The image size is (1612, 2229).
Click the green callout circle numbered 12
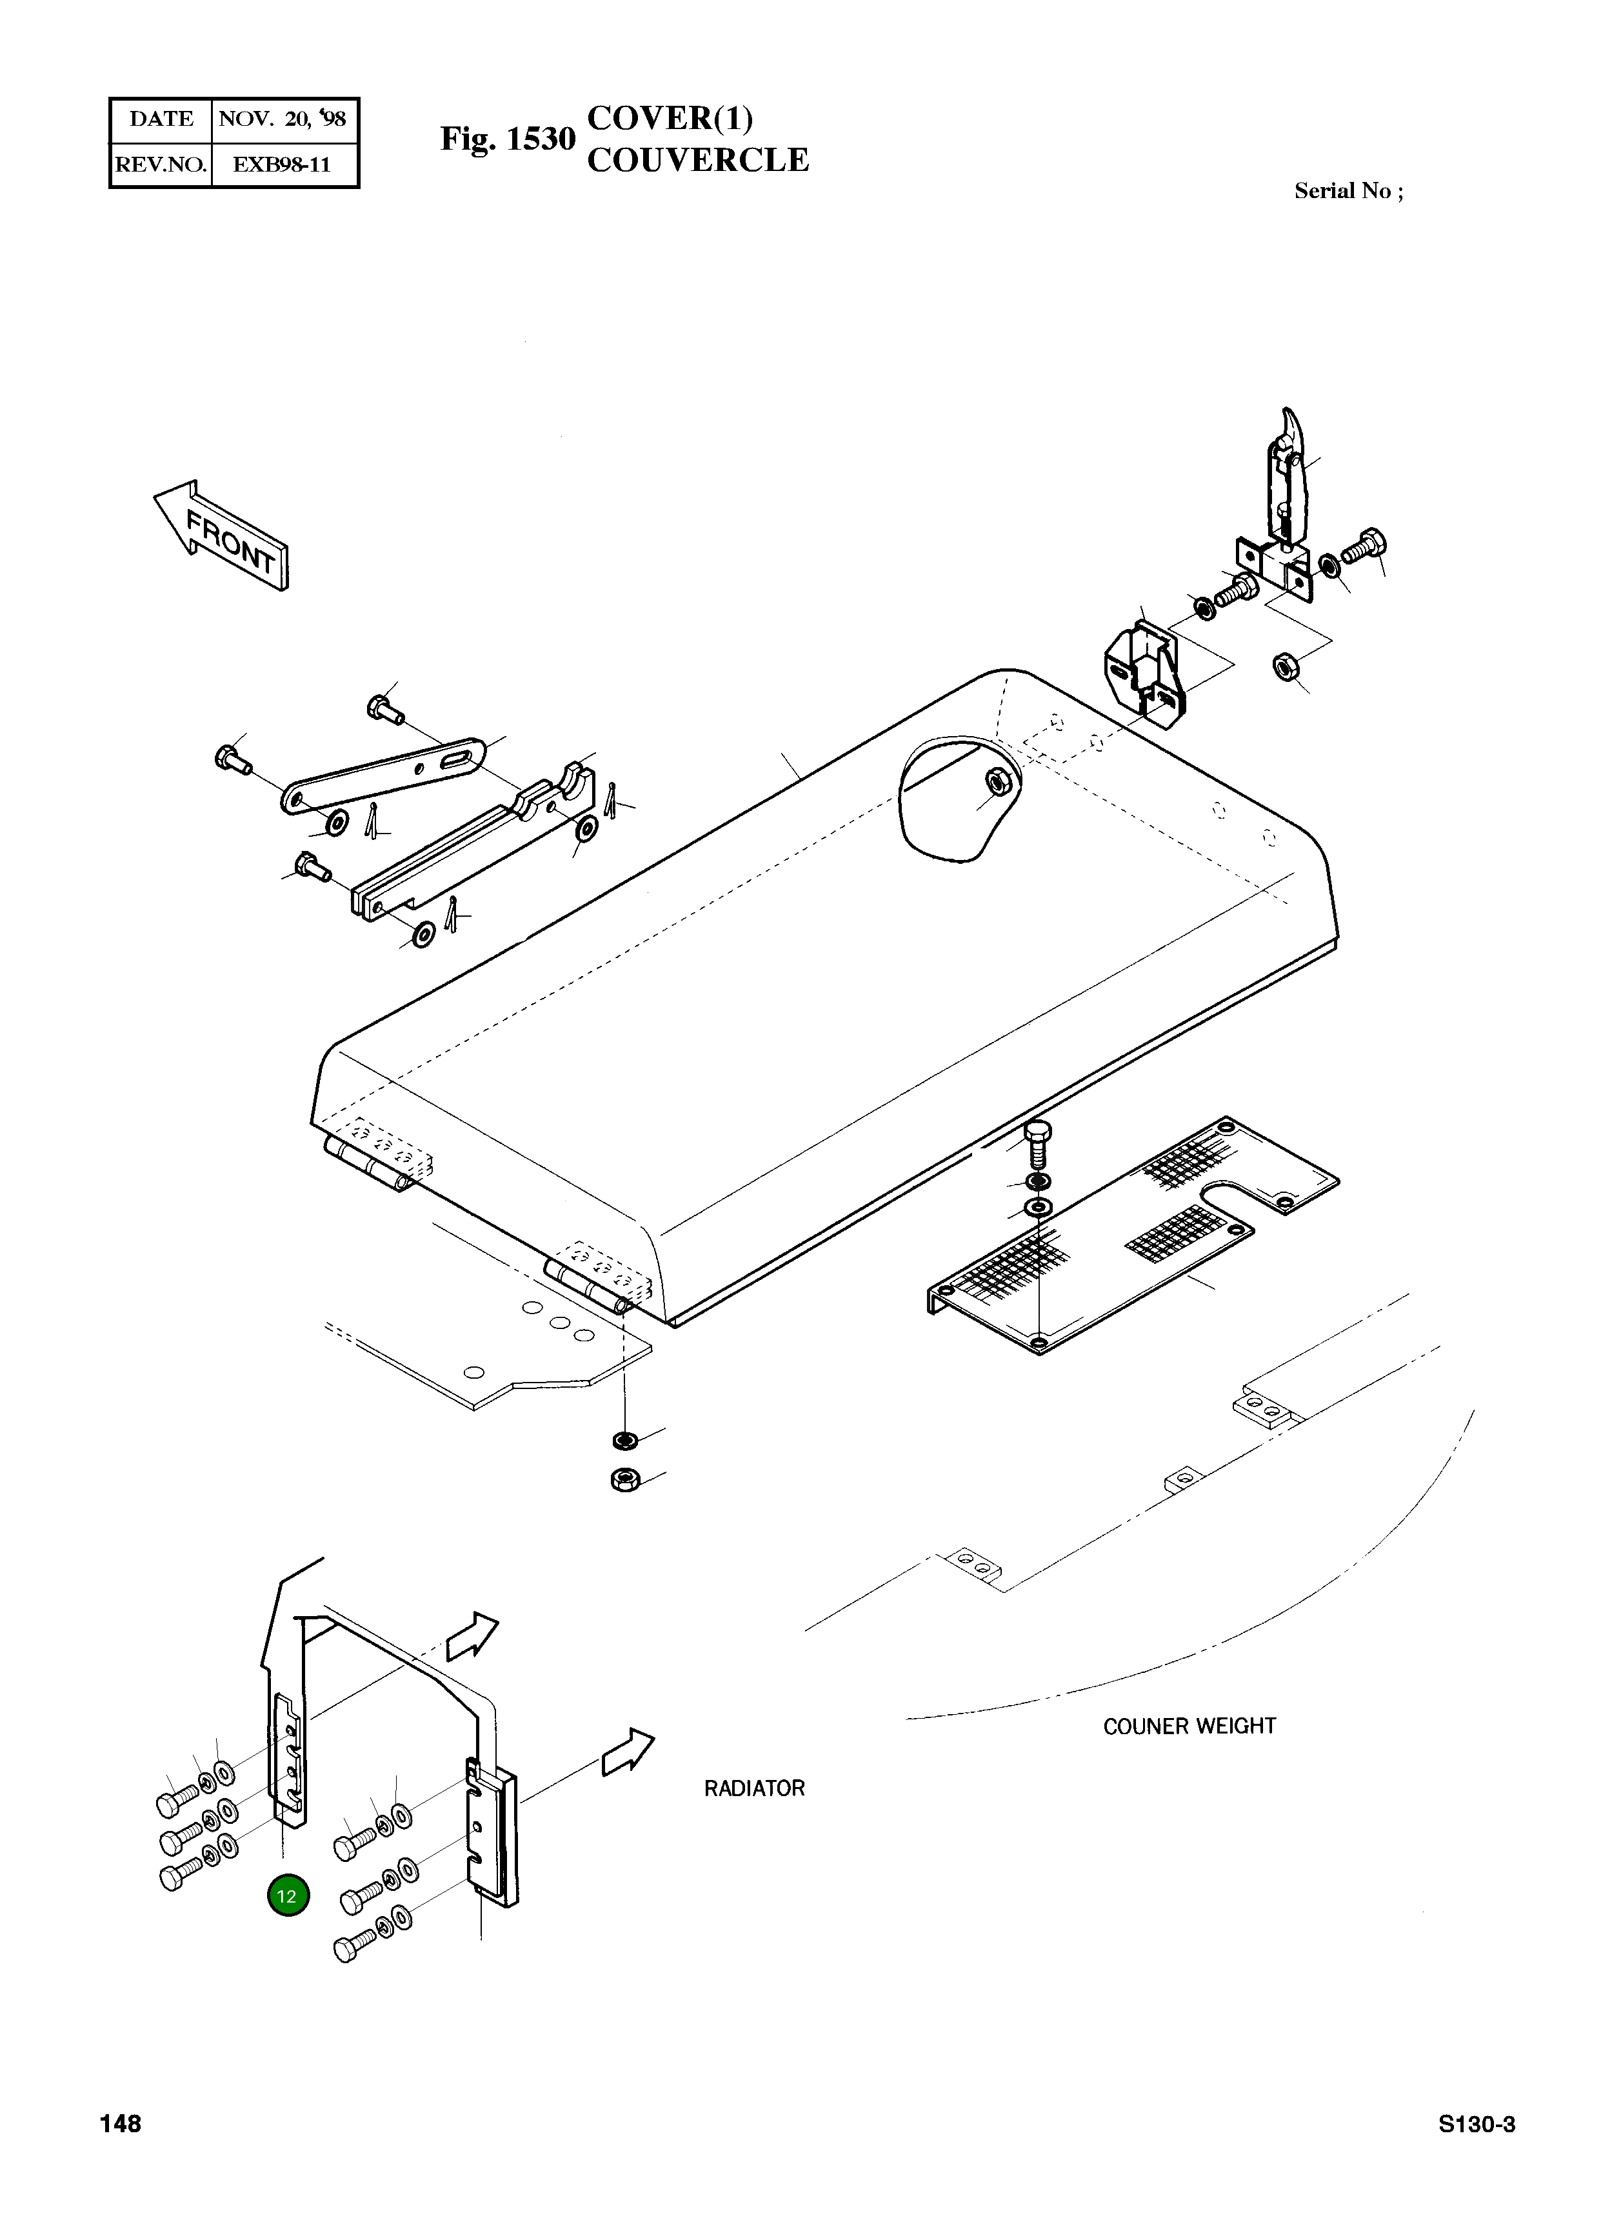[x=287, y=1896]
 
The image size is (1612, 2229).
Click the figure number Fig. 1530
[x=507, y=139]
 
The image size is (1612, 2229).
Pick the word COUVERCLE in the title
[x=698, y=160]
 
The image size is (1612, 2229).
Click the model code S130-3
[x=1477, y=2125]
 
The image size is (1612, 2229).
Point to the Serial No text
[x=1349, y=192]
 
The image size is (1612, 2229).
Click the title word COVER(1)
[x=670, y=118]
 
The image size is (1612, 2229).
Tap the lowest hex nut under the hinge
[x=622, y=1479]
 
